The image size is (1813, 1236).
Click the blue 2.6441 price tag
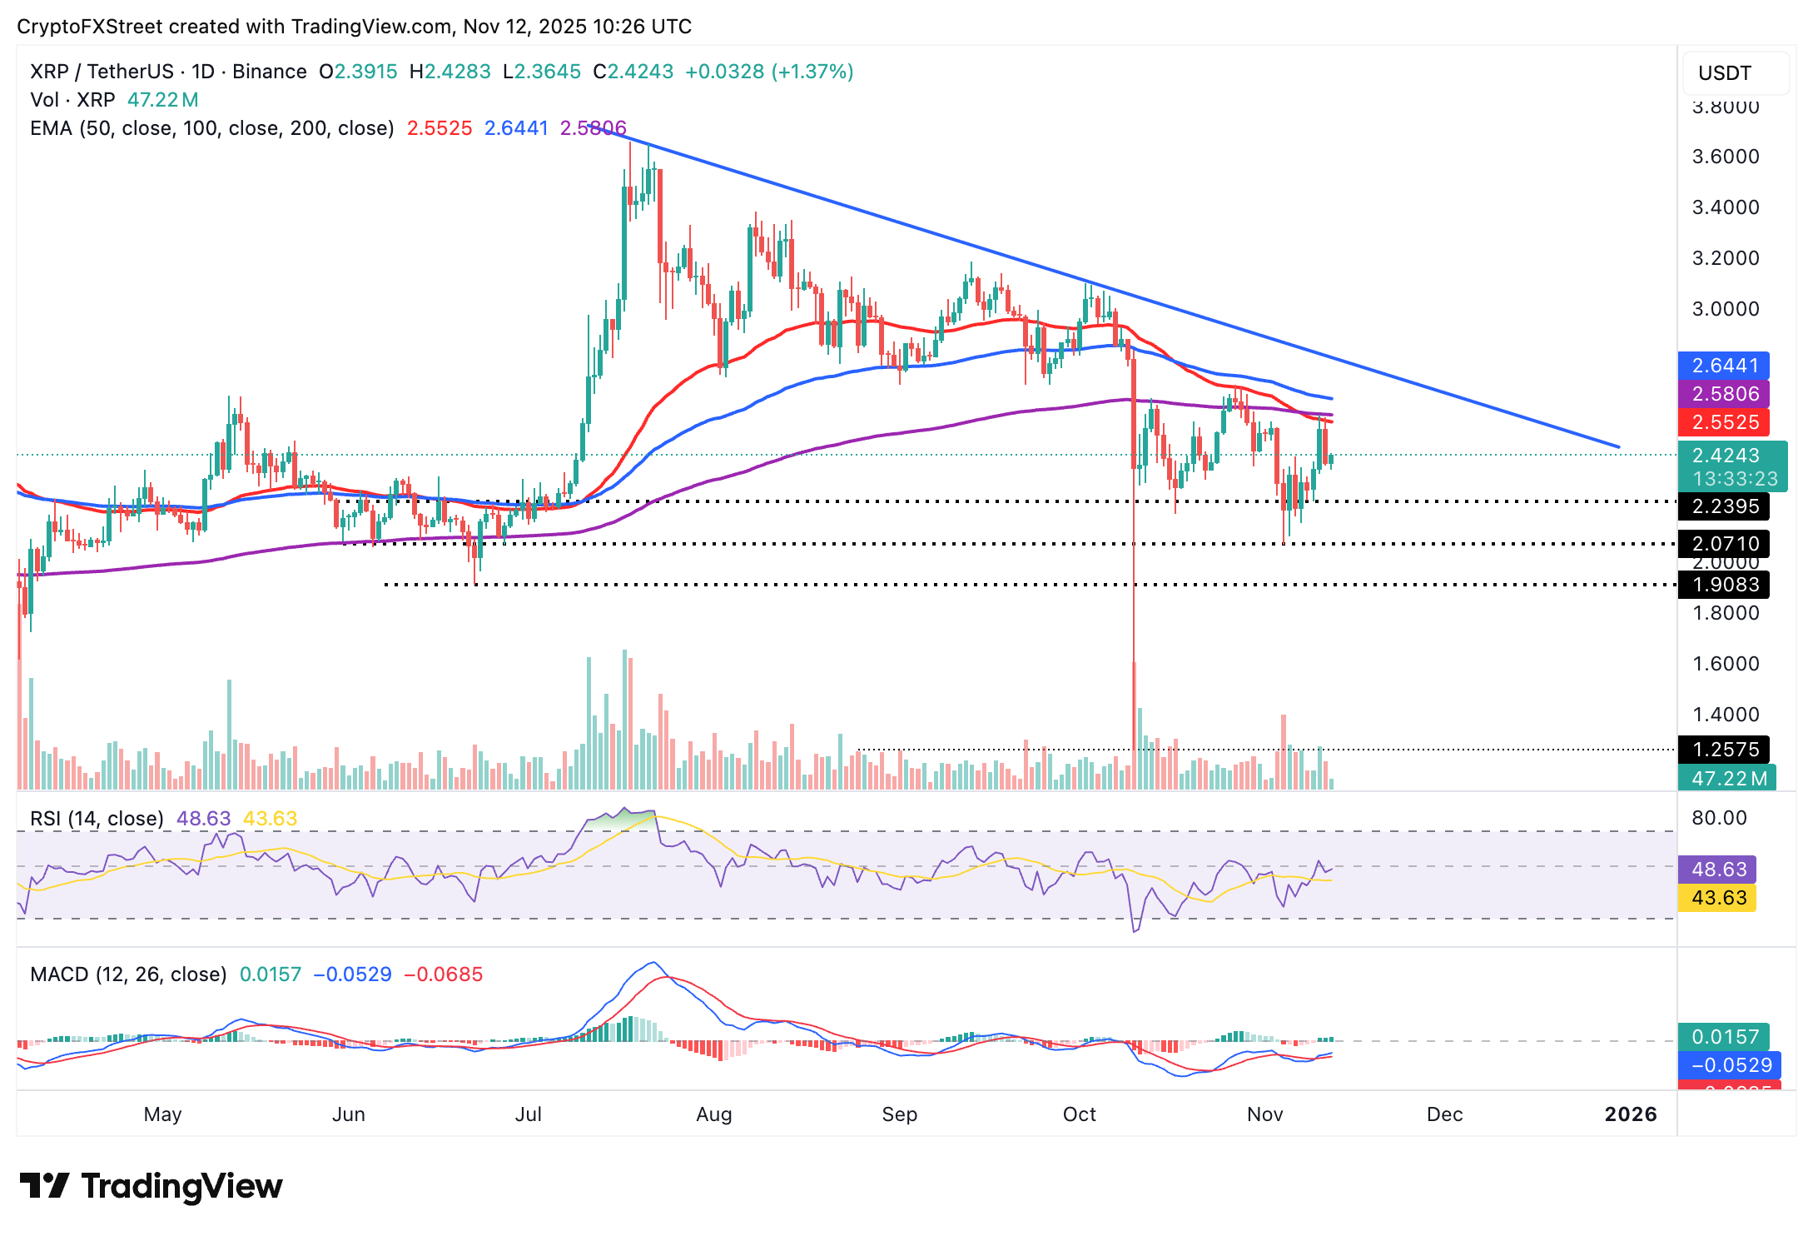pyautogui.click(x=1724, y=366)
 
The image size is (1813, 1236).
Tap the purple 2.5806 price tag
pyautogui.click(x=1724, y=394)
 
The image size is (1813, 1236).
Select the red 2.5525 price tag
pyautogui.click(x=1724, y=422)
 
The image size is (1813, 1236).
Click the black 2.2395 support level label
pyautogui.click(x=1724, y=506)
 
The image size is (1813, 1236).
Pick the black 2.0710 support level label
pyautogui.click(x=1724, y=544)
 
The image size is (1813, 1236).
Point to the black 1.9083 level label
pyautogui.click(x=1724, y=585)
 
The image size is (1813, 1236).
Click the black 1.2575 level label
pyautogui.click(x=1724, y=749)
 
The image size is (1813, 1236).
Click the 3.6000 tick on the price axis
pyautogui.click(x=1726, y=157)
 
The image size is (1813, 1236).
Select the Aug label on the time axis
pyautogui.click(x=713, y=1114)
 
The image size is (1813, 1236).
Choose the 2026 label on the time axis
pyautogui.click(x=1630, y=1114)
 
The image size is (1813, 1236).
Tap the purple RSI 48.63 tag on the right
pyautogui.click(x=1717, y=870)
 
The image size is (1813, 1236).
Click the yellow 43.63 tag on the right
pyautogui.click(x=1717, y=898)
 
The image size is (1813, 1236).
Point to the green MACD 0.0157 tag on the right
pyautogui.click(x=1724, y=1037)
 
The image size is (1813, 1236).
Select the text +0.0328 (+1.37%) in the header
pyautogui.click(x=769, y=72)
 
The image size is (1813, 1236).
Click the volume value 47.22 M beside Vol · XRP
pyautogui.click(x=162, y=100)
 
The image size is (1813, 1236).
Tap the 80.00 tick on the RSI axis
pyautogui.click(x=1719, y=818)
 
